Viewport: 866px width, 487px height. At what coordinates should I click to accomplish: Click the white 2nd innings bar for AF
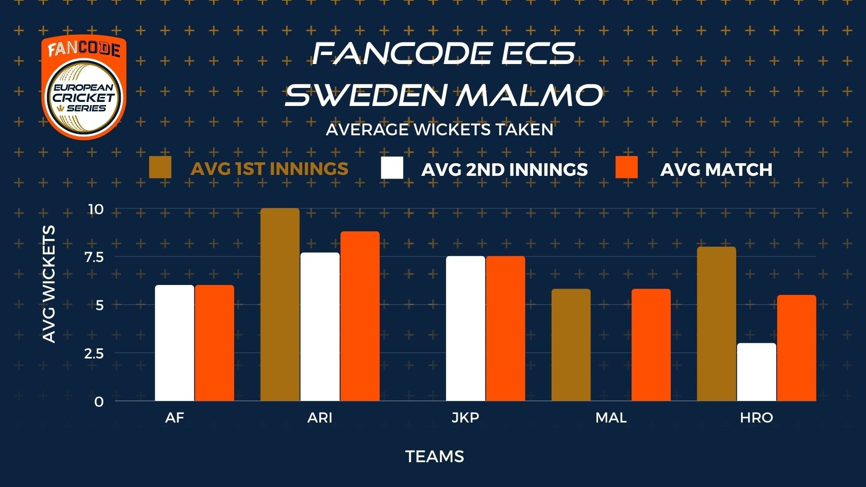[x=175, y=343]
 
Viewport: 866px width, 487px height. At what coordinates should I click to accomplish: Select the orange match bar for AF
[x=214, y=343]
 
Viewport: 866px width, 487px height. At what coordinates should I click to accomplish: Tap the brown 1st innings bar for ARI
[x=280, y=304]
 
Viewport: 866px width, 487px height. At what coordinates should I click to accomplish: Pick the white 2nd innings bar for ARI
[x=320, y=326]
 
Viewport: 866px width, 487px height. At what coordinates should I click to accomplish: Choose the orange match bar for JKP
[x=506, y=328]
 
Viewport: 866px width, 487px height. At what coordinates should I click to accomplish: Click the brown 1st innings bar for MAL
[x=571, y=345]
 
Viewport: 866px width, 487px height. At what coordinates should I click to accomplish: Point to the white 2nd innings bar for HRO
[x=757, y=372]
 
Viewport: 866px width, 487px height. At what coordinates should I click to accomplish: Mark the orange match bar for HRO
[x=797, y=348]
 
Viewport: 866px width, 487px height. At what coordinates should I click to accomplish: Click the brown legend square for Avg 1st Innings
[x=160, y=168]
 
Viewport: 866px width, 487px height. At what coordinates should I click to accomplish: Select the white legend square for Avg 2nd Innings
[x=392, y=168]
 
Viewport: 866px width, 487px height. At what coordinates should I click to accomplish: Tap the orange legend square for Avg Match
[x=626, y=168]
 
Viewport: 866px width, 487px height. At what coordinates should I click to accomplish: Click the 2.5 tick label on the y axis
[x=94, y=354]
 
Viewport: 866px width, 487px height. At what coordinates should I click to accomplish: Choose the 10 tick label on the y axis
[x=96, y=209]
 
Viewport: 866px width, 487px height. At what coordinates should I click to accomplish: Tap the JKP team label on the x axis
[x=465, y=418]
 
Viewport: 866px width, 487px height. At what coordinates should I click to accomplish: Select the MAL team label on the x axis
[x=611, y=418]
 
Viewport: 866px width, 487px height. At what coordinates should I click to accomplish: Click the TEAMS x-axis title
[x=435, y=457]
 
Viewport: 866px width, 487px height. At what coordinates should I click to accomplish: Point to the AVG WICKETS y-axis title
[x=49, y=284]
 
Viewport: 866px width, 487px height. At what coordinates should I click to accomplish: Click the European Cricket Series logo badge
[x=84, y=87]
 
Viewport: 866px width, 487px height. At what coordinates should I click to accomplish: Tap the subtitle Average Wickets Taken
[x=440, y=130]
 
